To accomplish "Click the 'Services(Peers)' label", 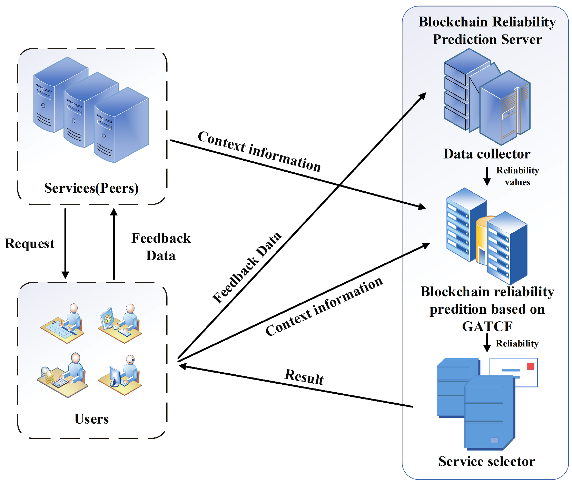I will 91,188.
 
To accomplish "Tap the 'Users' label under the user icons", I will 91,419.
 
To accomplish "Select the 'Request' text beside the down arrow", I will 30,243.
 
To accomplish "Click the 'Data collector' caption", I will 487,154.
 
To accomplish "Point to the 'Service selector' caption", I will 487,461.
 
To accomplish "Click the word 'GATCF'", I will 487,326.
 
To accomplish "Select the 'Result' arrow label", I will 304,376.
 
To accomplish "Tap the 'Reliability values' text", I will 517,176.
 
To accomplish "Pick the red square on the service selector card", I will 530,366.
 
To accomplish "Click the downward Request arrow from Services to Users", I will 65,243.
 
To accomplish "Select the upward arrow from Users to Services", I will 114,243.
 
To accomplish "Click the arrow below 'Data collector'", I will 487,176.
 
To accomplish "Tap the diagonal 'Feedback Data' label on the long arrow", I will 247,267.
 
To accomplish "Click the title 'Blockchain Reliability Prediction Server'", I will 487,30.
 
